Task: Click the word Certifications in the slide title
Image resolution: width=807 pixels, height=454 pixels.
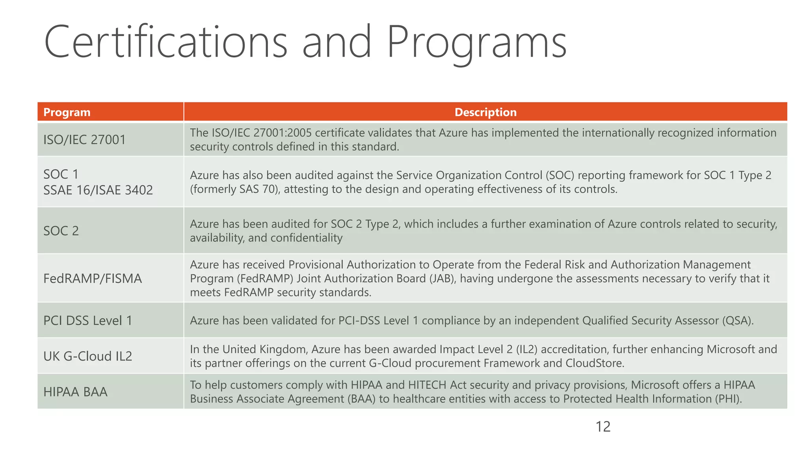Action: click(165, 42)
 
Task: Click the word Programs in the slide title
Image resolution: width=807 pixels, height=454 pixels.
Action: click(477, 42)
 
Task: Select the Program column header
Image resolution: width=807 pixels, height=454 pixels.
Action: click(67, 112)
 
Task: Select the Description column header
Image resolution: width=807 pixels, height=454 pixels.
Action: click(485, 112)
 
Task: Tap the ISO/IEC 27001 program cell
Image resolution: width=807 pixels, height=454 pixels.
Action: click(84, 140)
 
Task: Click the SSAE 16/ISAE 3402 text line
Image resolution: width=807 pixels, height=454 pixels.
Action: click(98, 190)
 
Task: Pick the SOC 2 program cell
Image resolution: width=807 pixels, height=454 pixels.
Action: click(61, 231)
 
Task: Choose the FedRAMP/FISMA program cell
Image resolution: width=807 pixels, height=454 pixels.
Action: click(93, 279)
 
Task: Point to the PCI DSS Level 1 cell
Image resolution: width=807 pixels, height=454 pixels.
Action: click(87, 320)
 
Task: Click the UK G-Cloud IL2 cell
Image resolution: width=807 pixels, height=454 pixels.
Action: click(87, 356)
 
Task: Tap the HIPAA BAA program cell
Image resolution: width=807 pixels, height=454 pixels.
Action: click(75, 392)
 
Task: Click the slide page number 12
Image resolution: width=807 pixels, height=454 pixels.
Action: click(603, 427)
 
